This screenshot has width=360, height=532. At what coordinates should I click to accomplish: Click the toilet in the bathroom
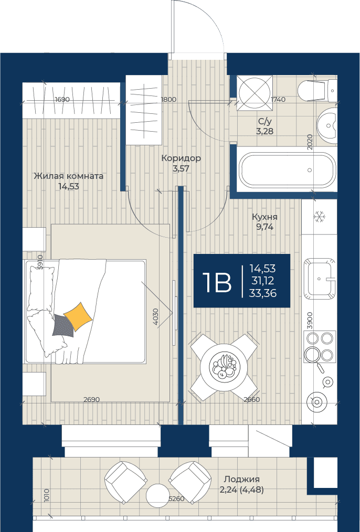[317, 90]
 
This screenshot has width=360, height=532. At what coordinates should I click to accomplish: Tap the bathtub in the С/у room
[288, 169]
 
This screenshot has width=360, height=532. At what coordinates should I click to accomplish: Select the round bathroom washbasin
[327, 125]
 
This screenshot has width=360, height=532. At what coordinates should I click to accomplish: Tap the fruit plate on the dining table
[223, 367]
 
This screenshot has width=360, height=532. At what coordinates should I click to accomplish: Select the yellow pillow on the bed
[78, 316]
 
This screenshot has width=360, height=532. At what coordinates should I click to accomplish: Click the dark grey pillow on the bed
[63, 325]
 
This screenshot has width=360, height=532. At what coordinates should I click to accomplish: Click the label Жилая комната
[69, 176]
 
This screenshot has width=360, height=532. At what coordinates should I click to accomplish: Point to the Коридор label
[181, 158]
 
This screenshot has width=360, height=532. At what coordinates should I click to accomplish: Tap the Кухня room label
[264, 217]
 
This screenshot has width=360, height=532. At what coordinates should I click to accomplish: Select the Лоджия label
[241, 479]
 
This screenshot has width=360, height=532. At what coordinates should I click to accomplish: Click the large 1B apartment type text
[217, 283]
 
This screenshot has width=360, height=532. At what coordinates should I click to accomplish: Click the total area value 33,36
[262, 293]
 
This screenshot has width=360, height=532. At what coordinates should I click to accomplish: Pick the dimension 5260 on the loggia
[176, 499]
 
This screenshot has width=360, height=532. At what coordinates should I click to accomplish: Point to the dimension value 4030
[155, 316]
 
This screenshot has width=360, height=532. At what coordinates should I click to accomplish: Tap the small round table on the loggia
[158, 495]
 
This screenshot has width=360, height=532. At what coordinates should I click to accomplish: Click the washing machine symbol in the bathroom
[255, 92]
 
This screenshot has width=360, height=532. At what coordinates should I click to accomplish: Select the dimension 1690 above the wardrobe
[62, 99]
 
